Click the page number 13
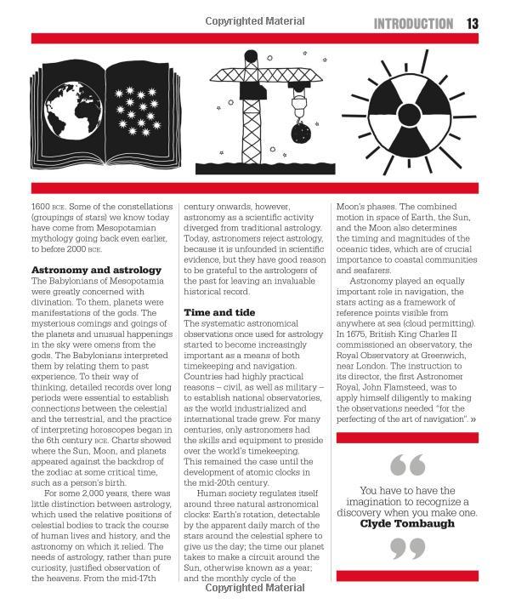coord(473,24)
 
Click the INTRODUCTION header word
coord(414,24)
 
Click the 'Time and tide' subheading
coord(219,312)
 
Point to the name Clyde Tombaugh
coord(407,523)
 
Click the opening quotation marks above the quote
coord(406,465)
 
